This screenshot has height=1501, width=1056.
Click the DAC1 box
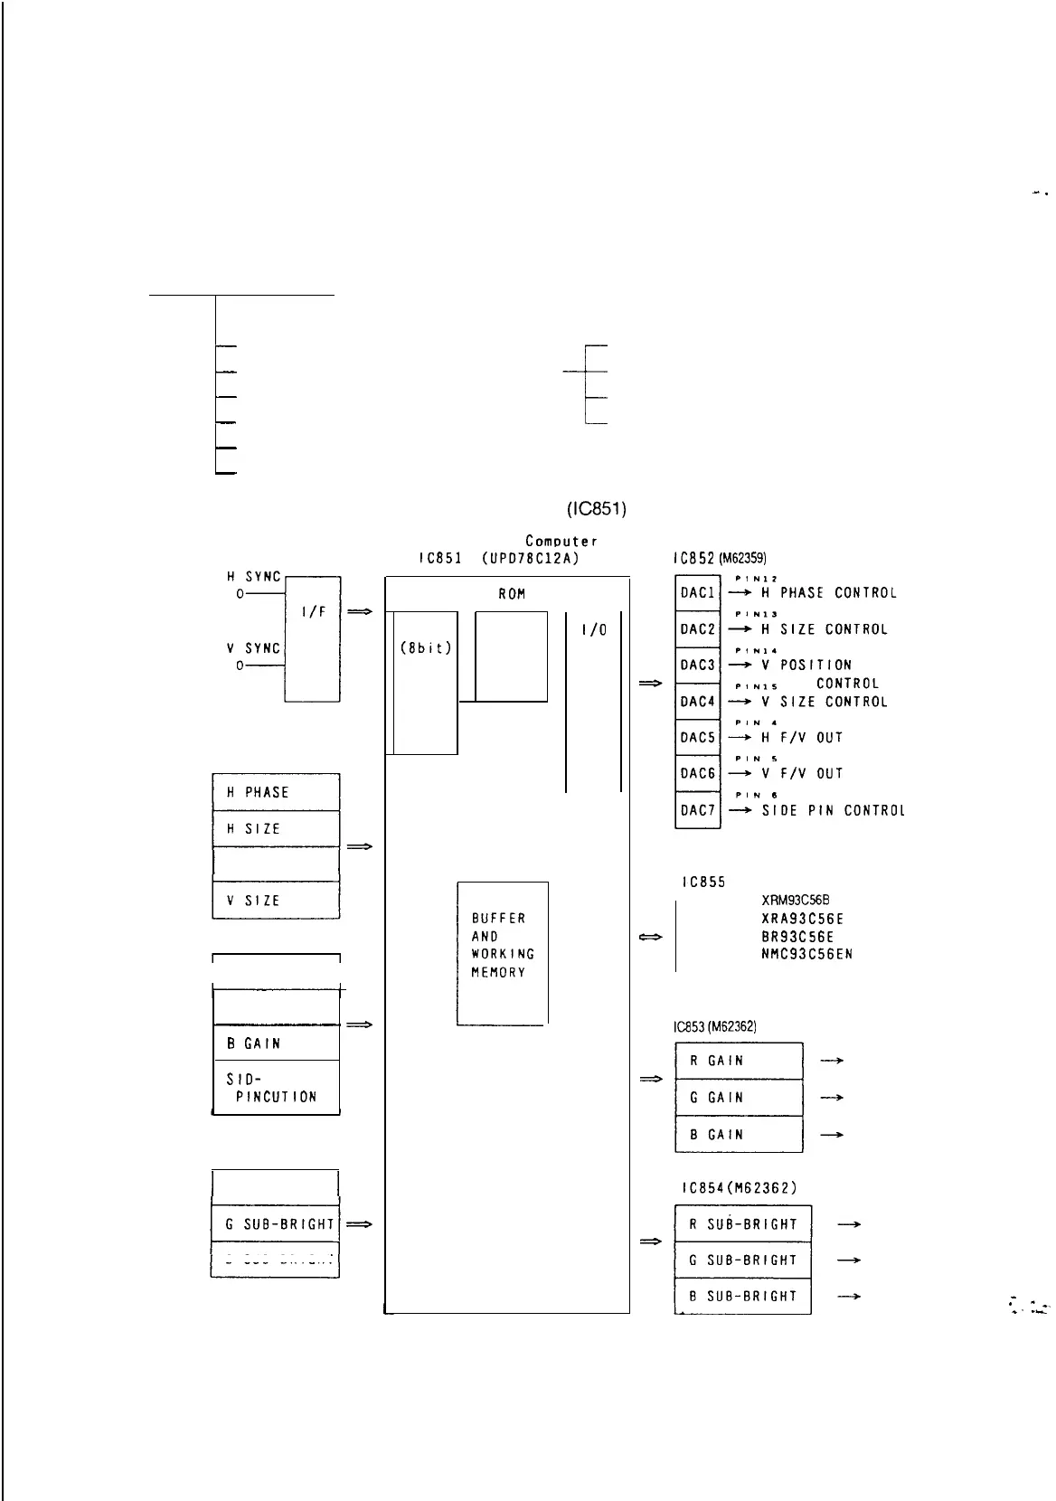click(x=697, y=593)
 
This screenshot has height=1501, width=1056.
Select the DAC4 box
click(x=697, y=702)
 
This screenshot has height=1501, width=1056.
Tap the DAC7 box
click(x=697, y=810)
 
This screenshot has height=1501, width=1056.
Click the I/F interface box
click(x=312, y=638)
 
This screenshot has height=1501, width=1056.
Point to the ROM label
click(x=512, y=594)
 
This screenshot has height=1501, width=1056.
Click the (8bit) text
click(x=425, y=648)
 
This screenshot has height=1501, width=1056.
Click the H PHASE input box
click(x=276, y=792)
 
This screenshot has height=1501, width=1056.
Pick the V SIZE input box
click(x=276, y=901)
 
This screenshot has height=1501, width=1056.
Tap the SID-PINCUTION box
click(x=276, y=1088)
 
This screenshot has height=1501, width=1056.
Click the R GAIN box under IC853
click(x=739, y=1061)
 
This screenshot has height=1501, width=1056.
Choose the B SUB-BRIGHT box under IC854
click(x=742, y=1296)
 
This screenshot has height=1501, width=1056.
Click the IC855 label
click(x=703, y=883)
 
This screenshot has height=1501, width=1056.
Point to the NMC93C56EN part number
click(x=807, y=954)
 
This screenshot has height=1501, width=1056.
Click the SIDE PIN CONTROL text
click(x=833, y=811)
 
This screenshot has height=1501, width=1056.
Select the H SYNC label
click(x=254, y=576)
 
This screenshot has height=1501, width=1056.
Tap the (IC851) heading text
click(x=597, y=509)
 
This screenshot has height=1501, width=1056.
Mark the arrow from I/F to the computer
click(x=360, y=612)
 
